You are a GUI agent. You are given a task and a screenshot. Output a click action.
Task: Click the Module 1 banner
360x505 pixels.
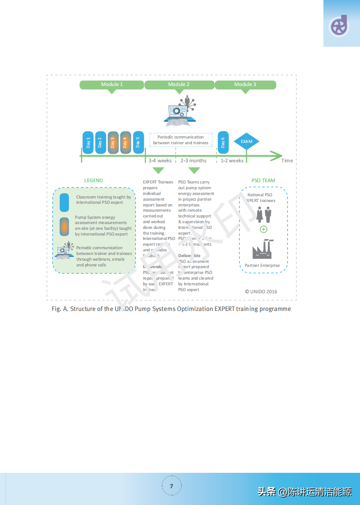(112, 85)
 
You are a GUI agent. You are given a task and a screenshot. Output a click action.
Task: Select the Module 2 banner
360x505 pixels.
(179, 85)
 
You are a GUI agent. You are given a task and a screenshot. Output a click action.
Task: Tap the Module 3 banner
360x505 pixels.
(245, 85)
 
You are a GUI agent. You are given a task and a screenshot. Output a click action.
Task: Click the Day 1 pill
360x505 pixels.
(88, 142)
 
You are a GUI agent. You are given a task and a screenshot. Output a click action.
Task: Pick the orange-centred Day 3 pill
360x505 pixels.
(113, 142)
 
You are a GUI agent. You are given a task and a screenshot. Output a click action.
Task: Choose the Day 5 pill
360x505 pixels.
(138, 142)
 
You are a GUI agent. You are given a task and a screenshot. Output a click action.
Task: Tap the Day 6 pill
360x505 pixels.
(223, 142)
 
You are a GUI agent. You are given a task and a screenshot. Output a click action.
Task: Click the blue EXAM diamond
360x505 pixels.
(247, 142)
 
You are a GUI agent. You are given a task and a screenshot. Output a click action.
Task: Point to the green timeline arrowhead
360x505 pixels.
(276, 155)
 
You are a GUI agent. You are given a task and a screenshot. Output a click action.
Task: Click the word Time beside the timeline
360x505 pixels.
(287, 161)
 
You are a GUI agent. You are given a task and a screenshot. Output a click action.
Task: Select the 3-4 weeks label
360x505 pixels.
(160, 161)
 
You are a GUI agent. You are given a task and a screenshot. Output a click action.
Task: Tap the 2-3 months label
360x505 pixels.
(193, 161)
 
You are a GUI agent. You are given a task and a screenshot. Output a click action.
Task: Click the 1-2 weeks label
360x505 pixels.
(232, 161)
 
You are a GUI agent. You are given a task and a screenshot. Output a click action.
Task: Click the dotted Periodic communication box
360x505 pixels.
(181, 140)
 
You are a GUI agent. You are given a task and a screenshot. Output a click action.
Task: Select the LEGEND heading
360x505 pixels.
(94, 180)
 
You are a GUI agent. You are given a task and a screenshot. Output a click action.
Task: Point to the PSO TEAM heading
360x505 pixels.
(263, 180)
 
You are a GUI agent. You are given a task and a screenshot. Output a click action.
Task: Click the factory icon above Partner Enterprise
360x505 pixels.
(262, 249)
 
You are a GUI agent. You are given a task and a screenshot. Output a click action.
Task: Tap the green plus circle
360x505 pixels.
(263, 229)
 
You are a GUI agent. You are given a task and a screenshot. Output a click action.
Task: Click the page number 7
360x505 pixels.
(172, 486)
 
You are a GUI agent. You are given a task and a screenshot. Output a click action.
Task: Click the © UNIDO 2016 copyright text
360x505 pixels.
(261, 292)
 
